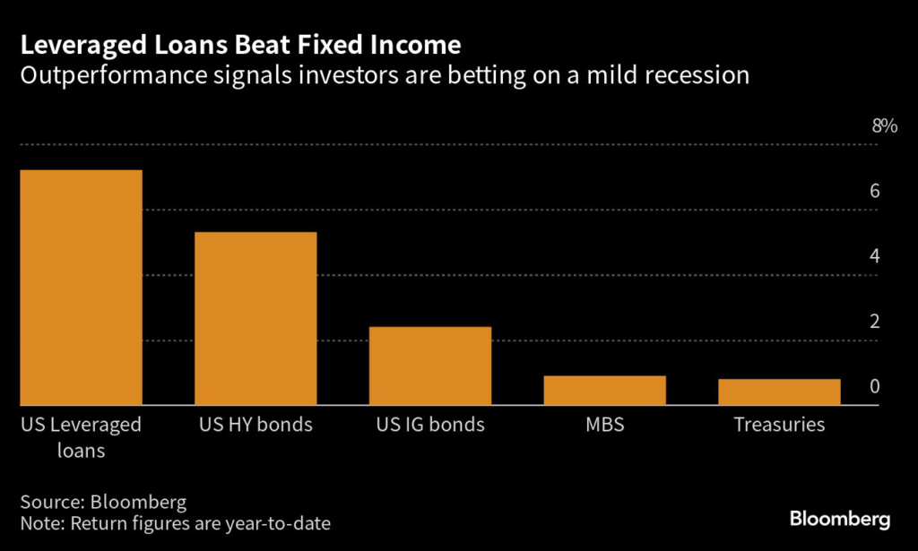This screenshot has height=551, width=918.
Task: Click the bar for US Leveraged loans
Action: (x=82, y=288)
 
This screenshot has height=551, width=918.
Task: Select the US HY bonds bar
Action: (x=255, y=318)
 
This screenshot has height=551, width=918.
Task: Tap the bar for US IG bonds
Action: (x=430, y=366)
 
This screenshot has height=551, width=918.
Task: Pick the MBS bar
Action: (x=605, y=390)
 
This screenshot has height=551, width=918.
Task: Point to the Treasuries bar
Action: (x=779, y=392)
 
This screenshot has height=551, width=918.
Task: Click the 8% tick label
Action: (x=884, y=126)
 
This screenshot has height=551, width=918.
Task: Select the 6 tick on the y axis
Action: (x=873, y=192)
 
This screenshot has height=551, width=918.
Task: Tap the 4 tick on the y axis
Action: (x=873, y=256)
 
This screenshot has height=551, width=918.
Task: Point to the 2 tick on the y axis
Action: (x=873, y=322)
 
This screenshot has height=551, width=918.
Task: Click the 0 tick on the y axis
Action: (x=873, y=387)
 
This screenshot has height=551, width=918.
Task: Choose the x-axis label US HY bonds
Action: (x=255, y=425)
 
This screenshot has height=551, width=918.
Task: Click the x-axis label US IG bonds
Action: (x=430, y=425)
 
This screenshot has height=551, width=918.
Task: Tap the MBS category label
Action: (x=605, y=425)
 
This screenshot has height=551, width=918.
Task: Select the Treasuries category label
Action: (x=779, y=425)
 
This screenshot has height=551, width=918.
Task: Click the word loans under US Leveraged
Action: (x=77, y=451)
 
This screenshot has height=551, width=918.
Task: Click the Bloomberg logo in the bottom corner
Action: (x=839, y=519)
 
